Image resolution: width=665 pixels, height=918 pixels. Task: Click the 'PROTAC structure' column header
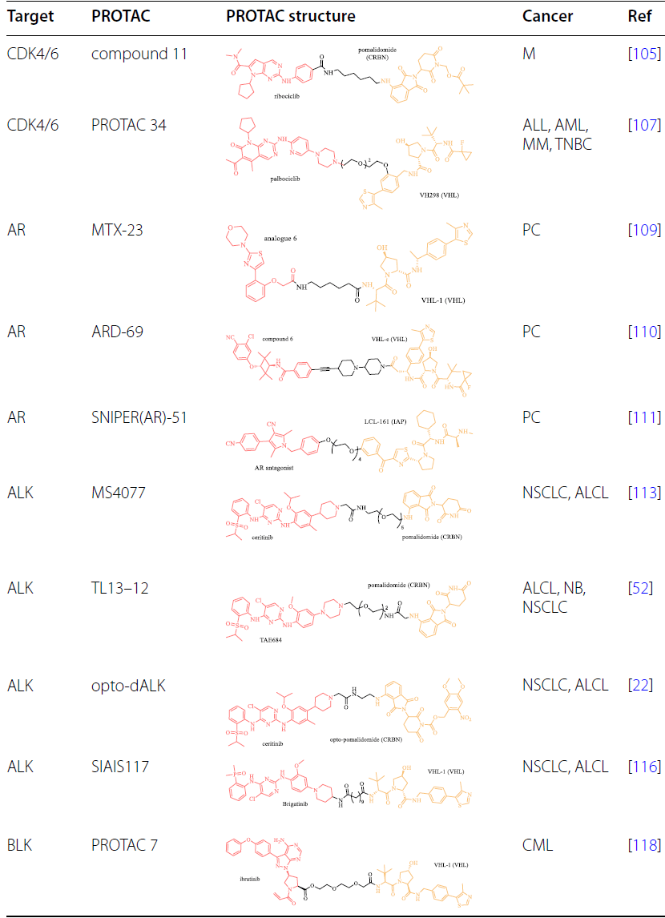point(291,16)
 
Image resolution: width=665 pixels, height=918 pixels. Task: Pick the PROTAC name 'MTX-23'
point(119,230)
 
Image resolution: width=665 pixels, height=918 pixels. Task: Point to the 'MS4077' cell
point(119,493)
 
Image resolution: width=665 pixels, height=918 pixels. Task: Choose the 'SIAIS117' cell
point(120,767)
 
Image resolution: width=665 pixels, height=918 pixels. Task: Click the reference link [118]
point(645,844)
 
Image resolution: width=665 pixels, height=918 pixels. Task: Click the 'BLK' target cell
point(22,844)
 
